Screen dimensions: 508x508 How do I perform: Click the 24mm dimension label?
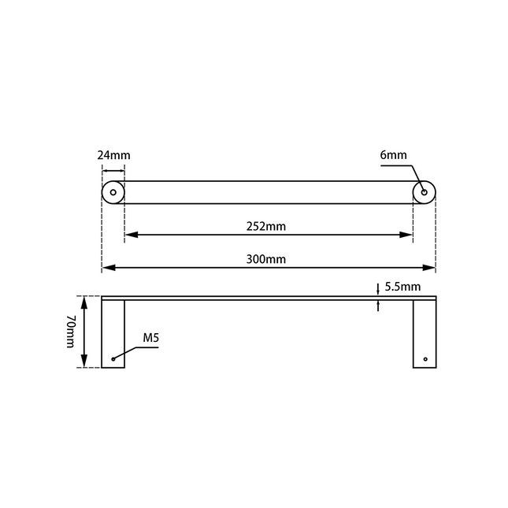[113, 155]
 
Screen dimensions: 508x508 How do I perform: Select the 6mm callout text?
[393, 155]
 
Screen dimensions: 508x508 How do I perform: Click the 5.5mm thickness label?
[402, 287]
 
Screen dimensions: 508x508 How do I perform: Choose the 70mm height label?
[70, 332]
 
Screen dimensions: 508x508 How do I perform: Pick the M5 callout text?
[151, 339]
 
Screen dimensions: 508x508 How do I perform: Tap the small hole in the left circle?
[113, 192]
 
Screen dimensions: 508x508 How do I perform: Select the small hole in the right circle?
[425, 192]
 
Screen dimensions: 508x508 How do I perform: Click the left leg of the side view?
[113, 335]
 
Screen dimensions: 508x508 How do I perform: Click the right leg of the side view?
[425, 335]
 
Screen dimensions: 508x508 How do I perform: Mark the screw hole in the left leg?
[113, 359]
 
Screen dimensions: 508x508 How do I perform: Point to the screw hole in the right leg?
[425, 359]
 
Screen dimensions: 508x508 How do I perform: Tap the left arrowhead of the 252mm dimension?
[129, 235]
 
